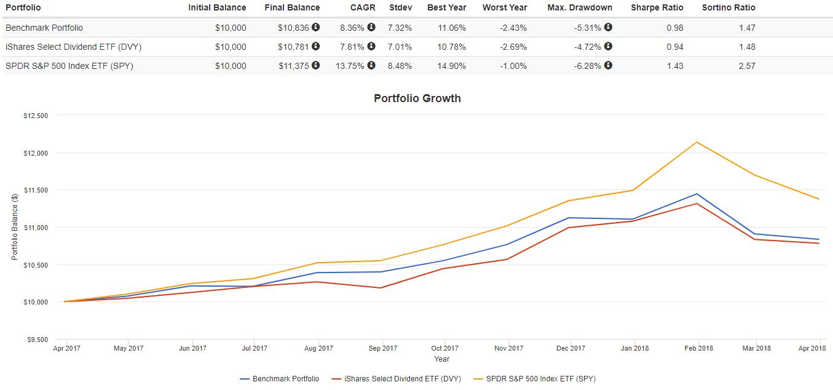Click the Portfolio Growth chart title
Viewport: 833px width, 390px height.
(x=417, y=98)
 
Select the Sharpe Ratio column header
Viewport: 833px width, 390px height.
(x=657, y=8)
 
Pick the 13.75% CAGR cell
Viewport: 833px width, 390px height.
(x=352, y=66)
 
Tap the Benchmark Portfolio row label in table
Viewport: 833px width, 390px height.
(x=44, y=28)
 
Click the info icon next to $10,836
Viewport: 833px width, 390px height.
(x=315, y=27)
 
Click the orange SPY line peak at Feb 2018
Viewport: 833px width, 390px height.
(x=697, y=142)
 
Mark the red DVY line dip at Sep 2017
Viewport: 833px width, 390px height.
(x=381, y=288)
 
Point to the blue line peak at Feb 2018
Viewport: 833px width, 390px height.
(x=697, y=194)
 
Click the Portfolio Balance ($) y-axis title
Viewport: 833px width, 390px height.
(x=15, y=227)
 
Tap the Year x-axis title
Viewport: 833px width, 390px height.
(x=441, y=359)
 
